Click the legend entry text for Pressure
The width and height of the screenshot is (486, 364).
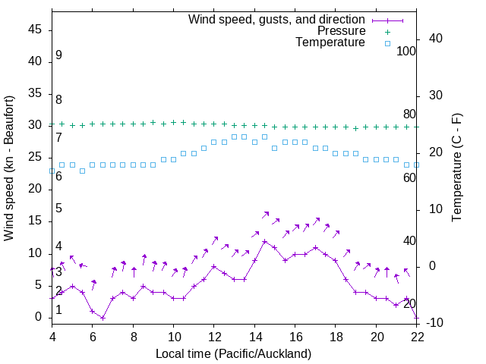click(x=341, y=31)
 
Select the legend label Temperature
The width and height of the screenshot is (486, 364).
click(x=330, y=42)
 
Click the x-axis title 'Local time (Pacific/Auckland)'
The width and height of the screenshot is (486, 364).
click(x=234, y=353)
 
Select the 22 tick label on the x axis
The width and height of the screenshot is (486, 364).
click(x=416, y=337)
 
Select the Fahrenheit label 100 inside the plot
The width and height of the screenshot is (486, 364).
click(x=406, y=52)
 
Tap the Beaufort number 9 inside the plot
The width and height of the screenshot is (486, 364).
click(x=58, y=55)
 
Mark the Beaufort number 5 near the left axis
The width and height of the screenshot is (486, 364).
click(x=58, y=209)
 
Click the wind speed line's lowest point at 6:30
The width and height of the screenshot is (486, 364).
click(x=103, y=318)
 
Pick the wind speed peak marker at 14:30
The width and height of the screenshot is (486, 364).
click(x=264, y=241)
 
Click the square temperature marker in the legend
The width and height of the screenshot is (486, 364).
click(x=387, y=42)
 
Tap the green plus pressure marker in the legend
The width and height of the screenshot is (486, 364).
click(x=387, y=31)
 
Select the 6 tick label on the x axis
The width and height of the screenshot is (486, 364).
click(x=92, y=337)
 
